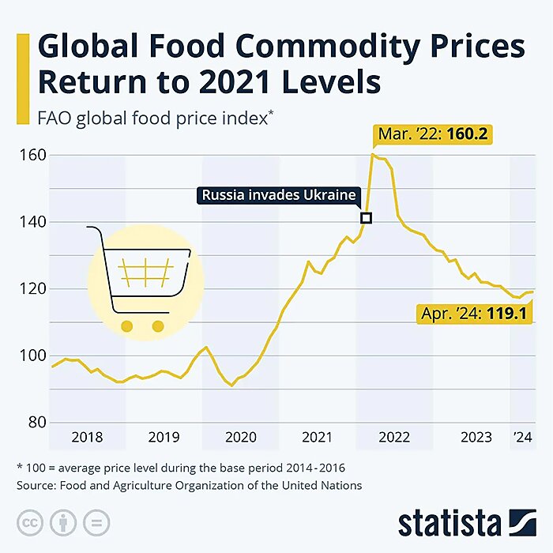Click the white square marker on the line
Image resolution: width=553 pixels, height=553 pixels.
(x=365, y=217)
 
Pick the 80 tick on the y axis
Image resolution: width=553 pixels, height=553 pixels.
(x=34, y=422)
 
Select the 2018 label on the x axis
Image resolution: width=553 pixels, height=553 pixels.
(x=87, y=437)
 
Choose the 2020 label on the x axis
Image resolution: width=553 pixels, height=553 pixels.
(x=241, y=437)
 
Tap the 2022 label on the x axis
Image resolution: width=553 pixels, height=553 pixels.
(x=393, y=437)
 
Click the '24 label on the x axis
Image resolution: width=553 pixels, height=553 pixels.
(x=522, y=437)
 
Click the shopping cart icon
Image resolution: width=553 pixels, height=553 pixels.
(x=142, y=276)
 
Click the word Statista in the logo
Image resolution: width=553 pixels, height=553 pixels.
(x=449, y=522)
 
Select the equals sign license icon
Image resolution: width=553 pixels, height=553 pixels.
(x=94, y=523)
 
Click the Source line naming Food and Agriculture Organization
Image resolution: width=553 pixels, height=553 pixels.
(x=189, y=486)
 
